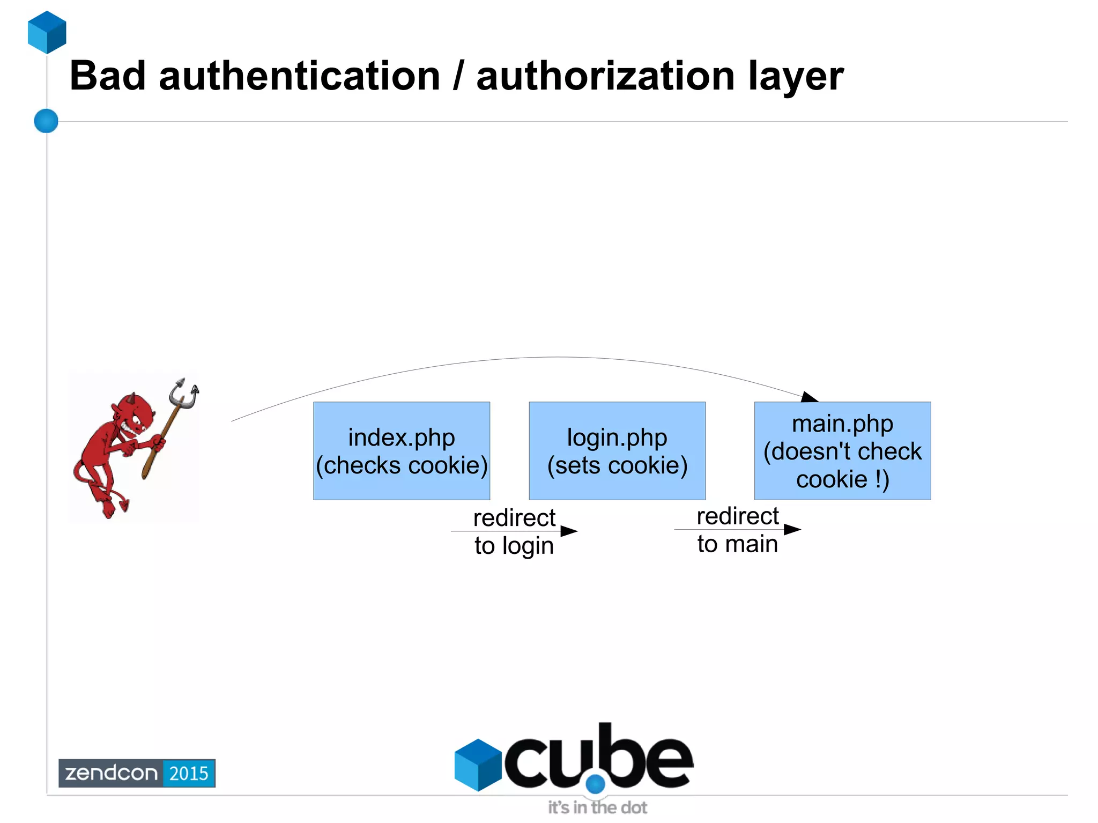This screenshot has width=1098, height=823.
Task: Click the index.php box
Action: [402, 451]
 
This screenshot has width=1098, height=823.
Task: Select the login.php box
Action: [617, 451]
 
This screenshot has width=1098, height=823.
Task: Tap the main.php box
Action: [842, 451]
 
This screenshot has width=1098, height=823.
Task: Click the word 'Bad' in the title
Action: [108, 76]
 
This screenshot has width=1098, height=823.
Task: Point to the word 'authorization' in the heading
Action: [605, 76]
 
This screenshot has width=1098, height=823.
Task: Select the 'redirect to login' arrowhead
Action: [569, 531]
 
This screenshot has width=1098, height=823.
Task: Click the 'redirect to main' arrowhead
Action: [792, 530]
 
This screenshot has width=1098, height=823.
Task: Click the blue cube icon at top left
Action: [47, 32]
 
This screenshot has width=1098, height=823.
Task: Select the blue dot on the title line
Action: [46, 121]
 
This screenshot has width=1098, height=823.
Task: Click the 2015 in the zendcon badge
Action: [189, 773]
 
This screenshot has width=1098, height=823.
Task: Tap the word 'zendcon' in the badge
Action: [111, 773]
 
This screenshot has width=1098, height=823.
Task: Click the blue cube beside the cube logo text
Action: [478, 765]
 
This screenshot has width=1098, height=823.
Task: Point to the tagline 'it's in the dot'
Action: [597, 807]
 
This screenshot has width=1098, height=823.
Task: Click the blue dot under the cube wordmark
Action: [595, 784]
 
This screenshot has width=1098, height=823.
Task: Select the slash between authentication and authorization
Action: [458, 76]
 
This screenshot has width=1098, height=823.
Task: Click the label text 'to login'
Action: [514, 546]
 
